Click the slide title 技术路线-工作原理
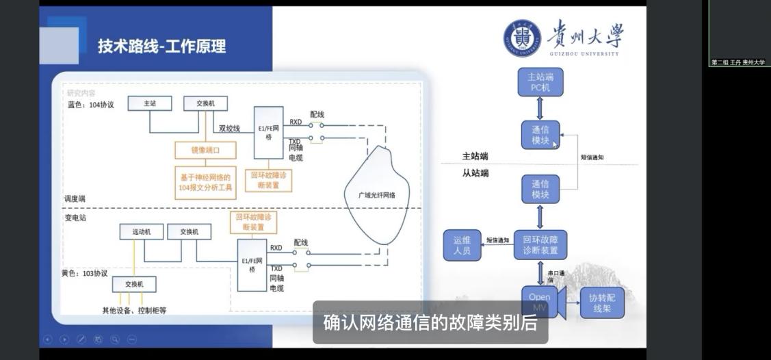coord(161,47)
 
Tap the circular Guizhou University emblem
coord(522,38)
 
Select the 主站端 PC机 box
coord(540,82)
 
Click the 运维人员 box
coord(462,246)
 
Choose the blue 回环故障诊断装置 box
coord(540,245)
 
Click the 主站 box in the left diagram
coord(150,103)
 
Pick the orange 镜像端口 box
coord(205,150)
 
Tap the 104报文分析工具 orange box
coord(205,182)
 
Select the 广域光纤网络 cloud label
coord(377,195)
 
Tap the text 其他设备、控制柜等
coord(134,310)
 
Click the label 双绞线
coord(229,128)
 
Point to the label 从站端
coord(475,173)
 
